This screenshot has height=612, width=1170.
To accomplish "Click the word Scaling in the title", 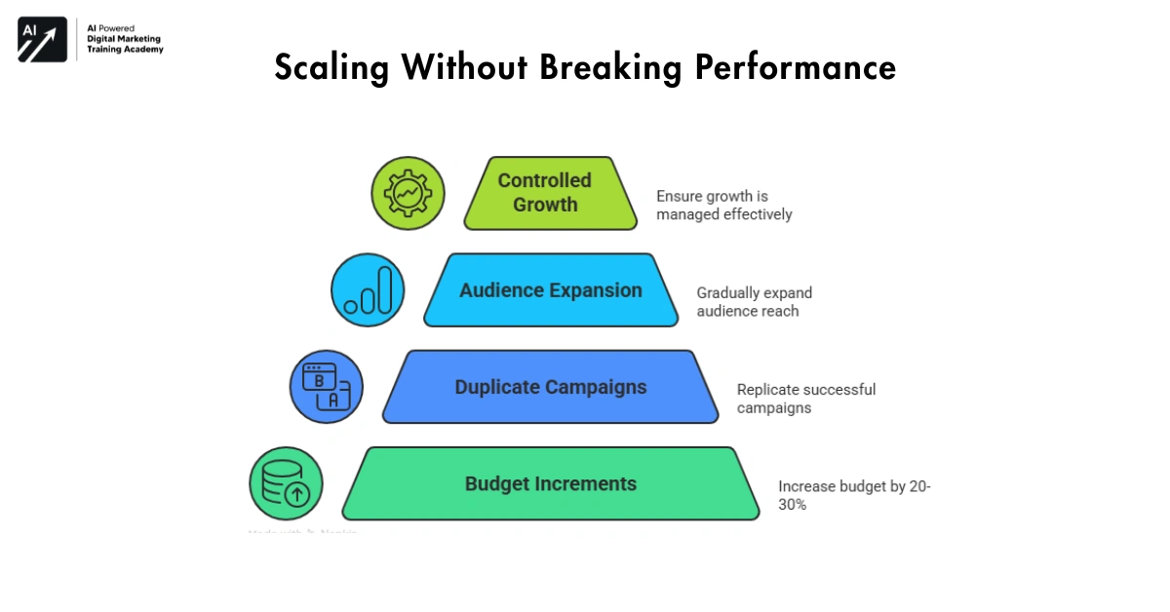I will tap(331, 68).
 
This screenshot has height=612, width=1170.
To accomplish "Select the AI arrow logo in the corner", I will tap(42, 39).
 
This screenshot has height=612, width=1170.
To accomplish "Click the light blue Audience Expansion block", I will tap(551, 290).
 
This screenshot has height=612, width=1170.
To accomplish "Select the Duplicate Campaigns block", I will tap(551, 387).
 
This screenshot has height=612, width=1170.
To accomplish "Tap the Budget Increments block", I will tap(551, 483).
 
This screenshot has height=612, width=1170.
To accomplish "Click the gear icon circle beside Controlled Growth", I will tap(408, 193).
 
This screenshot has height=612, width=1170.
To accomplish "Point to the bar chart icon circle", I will tap(368, 290).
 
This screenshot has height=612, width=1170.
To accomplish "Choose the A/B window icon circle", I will tap(327, 387).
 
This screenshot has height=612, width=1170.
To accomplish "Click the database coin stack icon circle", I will tap(286, 483).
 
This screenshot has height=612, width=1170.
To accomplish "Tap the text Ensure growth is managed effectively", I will tap(723, 206).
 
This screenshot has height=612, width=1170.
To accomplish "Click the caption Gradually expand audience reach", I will tap(754, 302).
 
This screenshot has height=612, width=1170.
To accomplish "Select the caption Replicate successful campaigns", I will tap(806, 399).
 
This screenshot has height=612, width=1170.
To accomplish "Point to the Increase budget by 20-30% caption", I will tap(854, 495).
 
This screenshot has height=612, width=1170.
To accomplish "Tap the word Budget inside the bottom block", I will tap(496, 483).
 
